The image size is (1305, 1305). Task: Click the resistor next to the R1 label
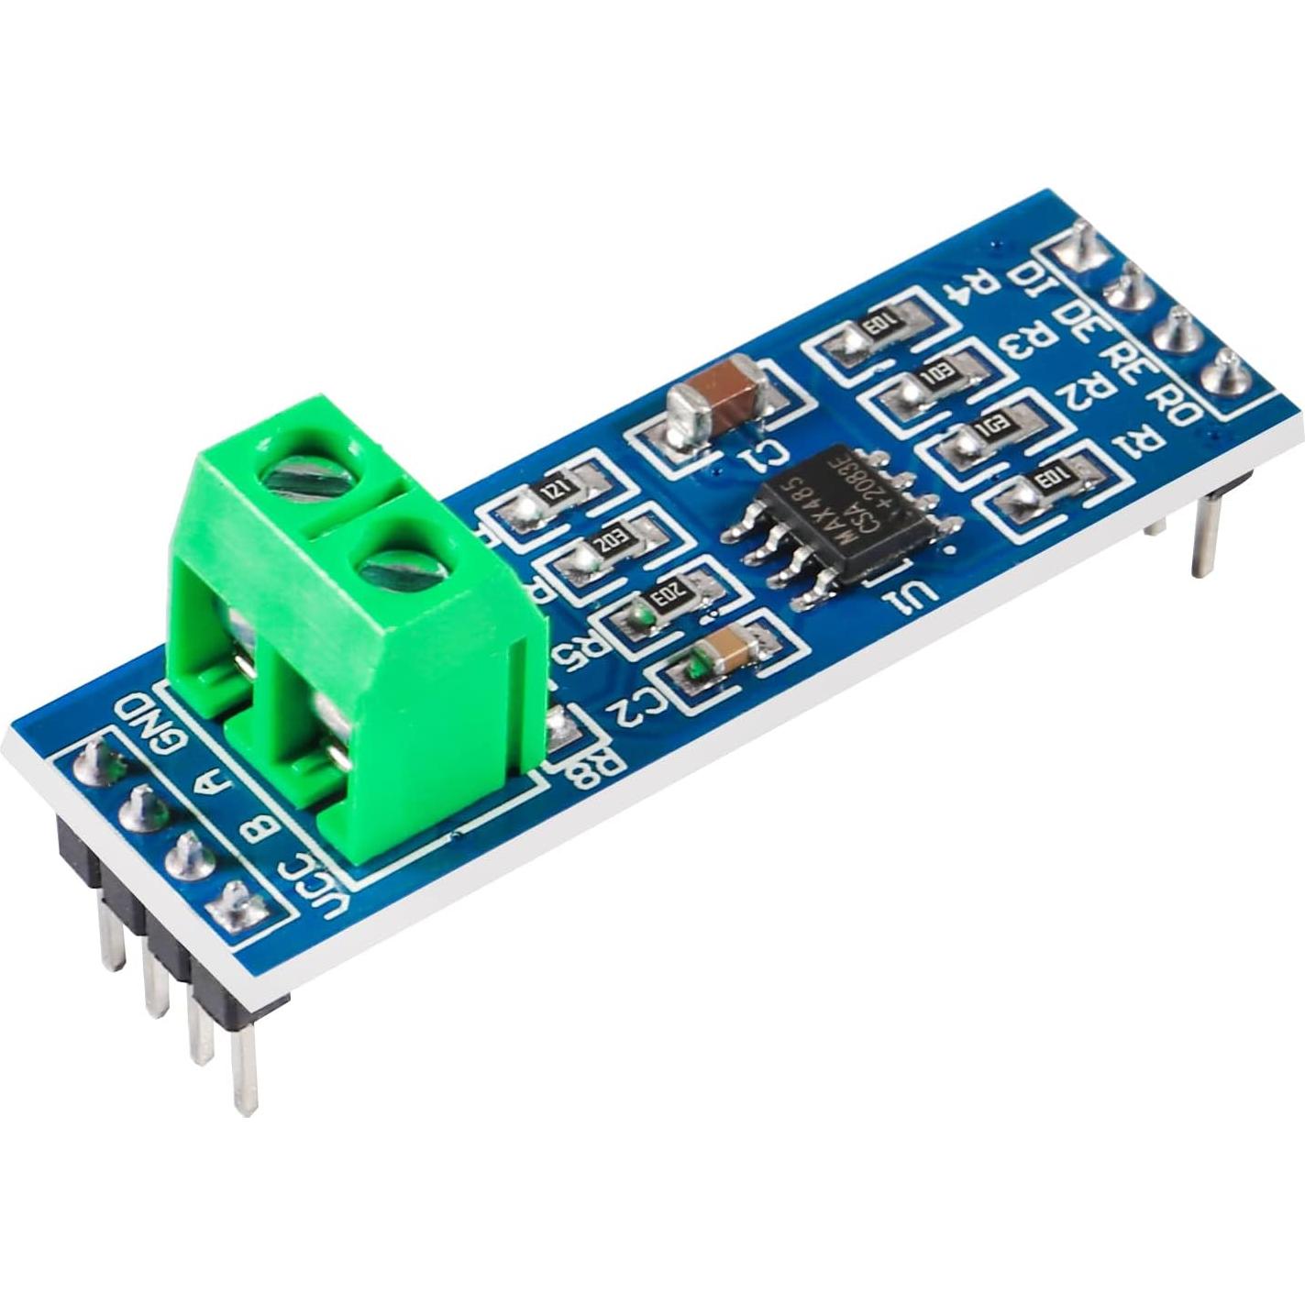click(1045, 484)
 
